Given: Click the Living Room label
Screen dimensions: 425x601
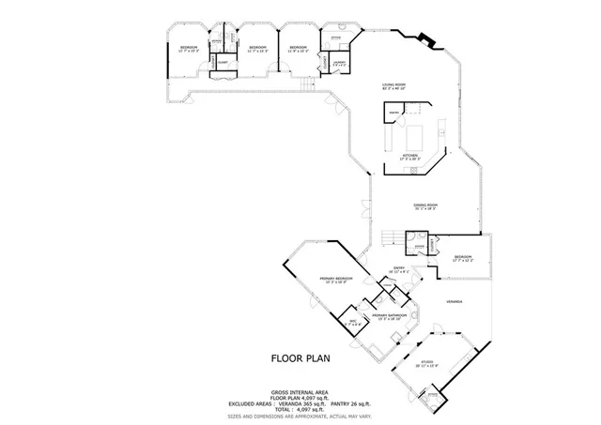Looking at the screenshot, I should (x=393, y=85).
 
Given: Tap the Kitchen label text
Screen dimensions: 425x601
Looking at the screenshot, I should (x=410, y=155).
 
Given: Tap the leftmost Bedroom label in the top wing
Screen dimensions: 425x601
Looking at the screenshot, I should (x=189, y=47).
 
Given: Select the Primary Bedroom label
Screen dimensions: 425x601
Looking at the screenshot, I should (x=335, y=279).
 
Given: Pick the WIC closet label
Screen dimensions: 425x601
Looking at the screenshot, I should (x=354, y=322).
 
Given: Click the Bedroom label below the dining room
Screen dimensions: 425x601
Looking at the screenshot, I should (x=462, y=256).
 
